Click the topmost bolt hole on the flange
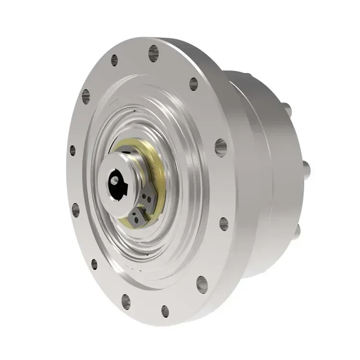tap(154, 53)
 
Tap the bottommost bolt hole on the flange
tap(165, 311)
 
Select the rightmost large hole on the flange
tap(221, 147)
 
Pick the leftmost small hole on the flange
tap(72, 150)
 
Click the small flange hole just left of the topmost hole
tap(114, 60)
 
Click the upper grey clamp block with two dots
tap(148, 196)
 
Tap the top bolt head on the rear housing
tap(287, 110)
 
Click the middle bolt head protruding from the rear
tap(306, 168)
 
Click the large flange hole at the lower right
tap(202, 284)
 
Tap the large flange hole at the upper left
tap(86, 96)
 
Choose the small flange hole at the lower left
tap(94, 264)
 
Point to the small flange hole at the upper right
tap(193, 84)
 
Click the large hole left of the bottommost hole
tap(126, 301)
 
